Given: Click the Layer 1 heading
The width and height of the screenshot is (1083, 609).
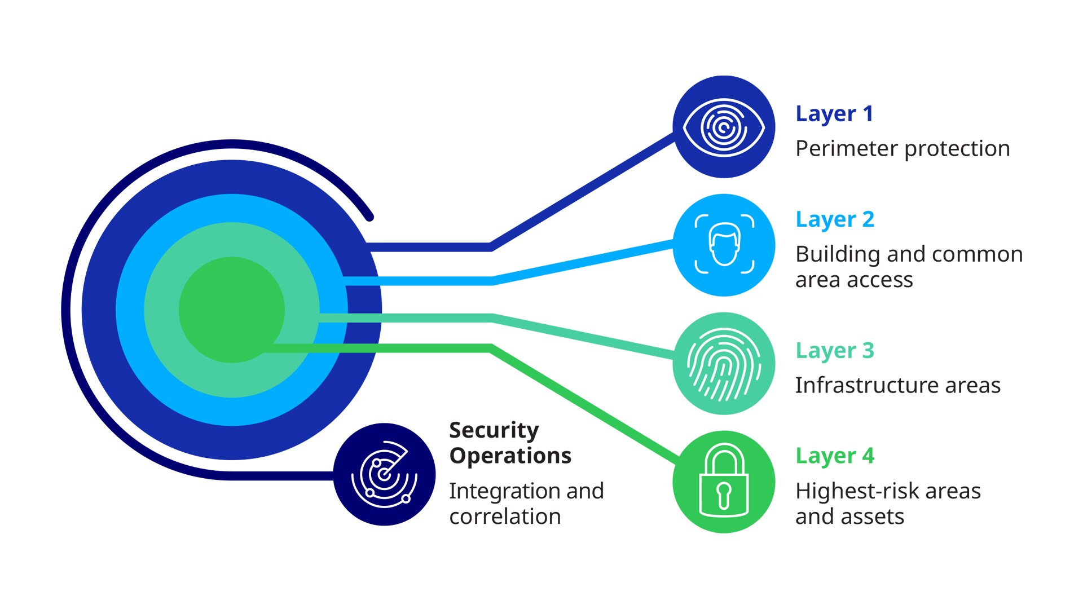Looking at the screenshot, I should (x=834, y=114).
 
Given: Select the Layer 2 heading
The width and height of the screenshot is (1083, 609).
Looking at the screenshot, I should (x=835, y=219).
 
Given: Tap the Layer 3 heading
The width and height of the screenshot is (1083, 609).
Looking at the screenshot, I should (x=835, y=351).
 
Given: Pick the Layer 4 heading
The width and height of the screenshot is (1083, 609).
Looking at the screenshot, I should (x=835, y=456).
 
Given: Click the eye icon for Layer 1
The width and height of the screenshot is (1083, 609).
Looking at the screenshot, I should (x=724, y=127).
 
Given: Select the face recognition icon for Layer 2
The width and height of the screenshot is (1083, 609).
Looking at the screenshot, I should (x=724, y=245).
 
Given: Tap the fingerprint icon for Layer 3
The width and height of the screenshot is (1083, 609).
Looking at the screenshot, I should (x=724, y=364).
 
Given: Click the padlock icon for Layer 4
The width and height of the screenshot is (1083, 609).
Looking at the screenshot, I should (x=724, y=481).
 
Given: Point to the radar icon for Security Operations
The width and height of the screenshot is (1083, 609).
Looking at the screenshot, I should (x=384, y=474).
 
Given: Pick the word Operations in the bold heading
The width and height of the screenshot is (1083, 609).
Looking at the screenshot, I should (x=510, y=456).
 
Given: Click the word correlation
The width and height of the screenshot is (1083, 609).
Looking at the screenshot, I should (x=505, y=517).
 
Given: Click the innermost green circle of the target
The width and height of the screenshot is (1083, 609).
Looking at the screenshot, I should (x=231, y=310).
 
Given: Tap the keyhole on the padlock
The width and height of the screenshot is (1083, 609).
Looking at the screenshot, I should (x=724, y=494).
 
